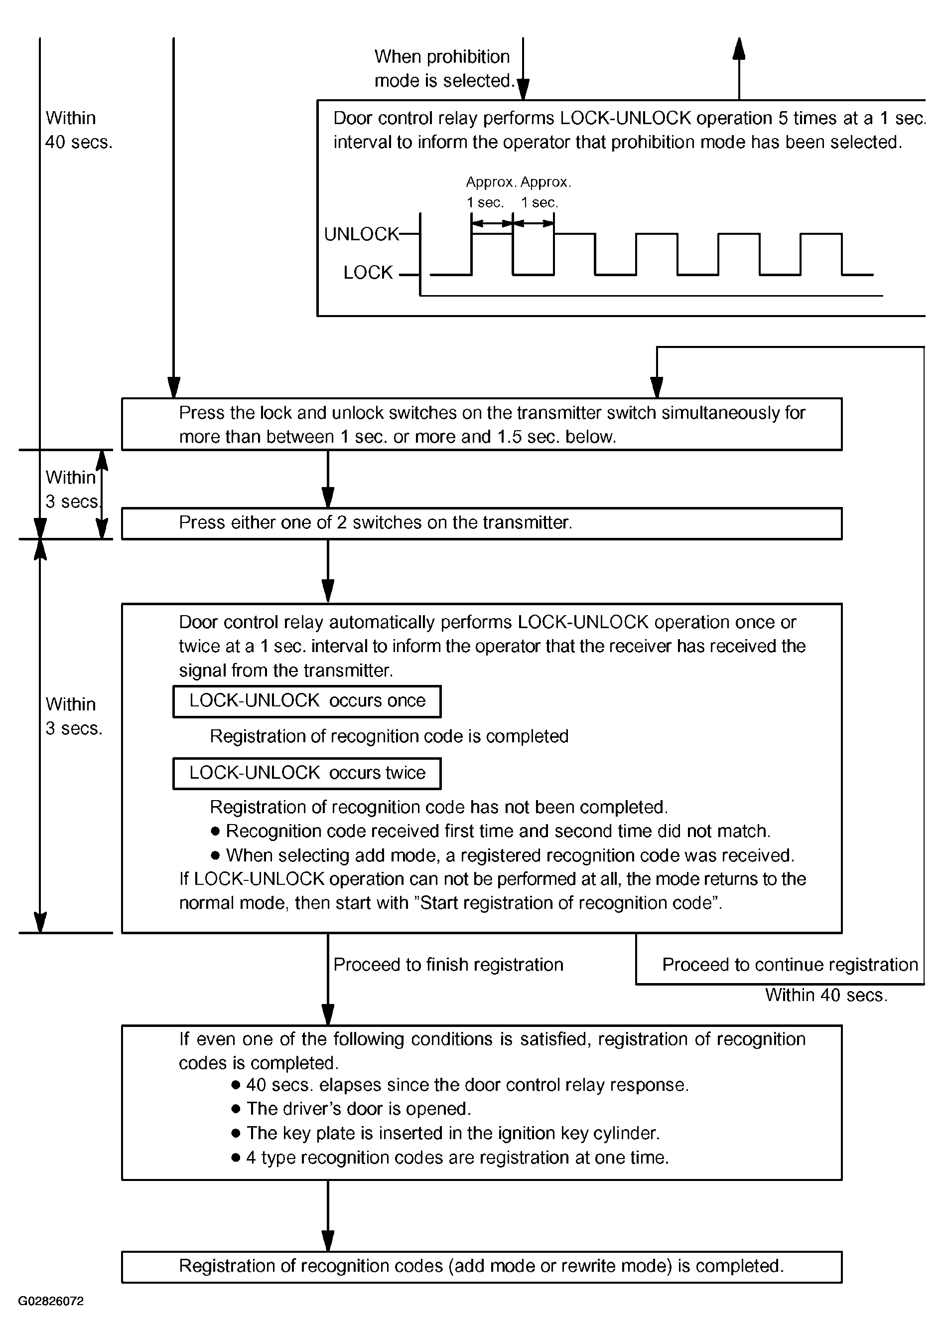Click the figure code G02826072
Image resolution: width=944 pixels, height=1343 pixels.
pyautogui.click(x=51, y=1302)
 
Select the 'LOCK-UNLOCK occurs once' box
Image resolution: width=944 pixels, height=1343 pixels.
pyautogui.click(x=307, y=701)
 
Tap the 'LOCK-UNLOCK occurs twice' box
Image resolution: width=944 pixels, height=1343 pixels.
pyautogui.click(x=307, y=773)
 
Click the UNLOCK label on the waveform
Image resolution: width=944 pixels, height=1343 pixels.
pyautogui.click(x=361, y=234)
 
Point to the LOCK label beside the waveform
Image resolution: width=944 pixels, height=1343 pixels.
pyautogui.click(x=368, y=273)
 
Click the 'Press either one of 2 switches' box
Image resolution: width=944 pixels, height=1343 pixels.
pyautogui.click(x=482, y=523)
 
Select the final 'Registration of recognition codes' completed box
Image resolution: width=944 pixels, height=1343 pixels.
pyautogui.click(x=482, y=1267)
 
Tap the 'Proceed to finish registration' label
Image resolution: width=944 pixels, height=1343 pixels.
pyautogui.click(x=448, y=965)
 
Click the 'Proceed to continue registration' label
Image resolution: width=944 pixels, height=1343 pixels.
pyautogui.click(x=790, y=965)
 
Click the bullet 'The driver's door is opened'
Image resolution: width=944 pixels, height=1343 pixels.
pyautogui.click(x=351, y=1109)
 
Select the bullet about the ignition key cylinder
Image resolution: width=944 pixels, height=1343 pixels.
pyautogui.click(x=445, y=1133)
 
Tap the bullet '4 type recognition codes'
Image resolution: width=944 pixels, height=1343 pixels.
pyautogui.click(x=450, y=1158)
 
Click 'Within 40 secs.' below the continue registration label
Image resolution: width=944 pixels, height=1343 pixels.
pyautogui.click(x=826, y=995)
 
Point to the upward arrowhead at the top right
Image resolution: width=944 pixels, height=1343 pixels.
pyautogui.click(x=739, y=48)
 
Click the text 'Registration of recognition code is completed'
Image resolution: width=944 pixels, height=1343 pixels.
pyautogui.click(x=389, y=736)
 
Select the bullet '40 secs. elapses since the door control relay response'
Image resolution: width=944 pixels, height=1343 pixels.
pyautogui.click(x=460, y=1085)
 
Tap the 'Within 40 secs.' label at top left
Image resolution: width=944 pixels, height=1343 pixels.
pyautogui.click(x=78, y=130)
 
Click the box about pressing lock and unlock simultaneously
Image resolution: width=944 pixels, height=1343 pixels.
pyautogui.click(x=482, y=424)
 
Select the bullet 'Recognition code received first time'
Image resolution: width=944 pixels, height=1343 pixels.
pyautogui.click(x=490, y=831)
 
